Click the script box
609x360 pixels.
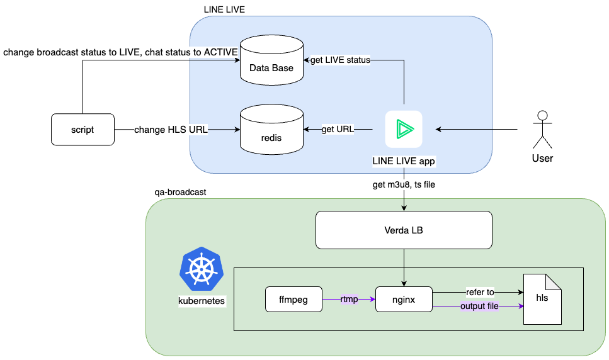coord(83,130)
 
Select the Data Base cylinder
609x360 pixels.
coord(271,63)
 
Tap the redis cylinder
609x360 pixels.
coord(271,133)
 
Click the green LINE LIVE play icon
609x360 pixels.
coord(404,129)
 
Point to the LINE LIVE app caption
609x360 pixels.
coord(404,161)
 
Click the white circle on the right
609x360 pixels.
coord(542,115)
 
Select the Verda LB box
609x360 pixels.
coord(404,230)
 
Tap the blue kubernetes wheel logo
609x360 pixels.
coord(202,270)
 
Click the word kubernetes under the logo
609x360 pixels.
coord(202,301)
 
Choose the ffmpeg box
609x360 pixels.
coord(294,300)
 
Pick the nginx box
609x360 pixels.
coord(404,300)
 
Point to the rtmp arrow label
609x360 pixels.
coord(349,299)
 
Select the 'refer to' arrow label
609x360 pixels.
coord(480,291)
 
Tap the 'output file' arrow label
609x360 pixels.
coord(480,306)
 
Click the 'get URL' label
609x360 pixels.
coord(338,129)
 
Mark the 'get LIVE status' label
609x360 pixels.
coord(340,60)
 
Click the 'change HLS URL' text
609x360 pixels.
coord(171,130)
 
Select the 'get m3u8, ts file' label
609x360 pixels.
coord(404,184)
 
